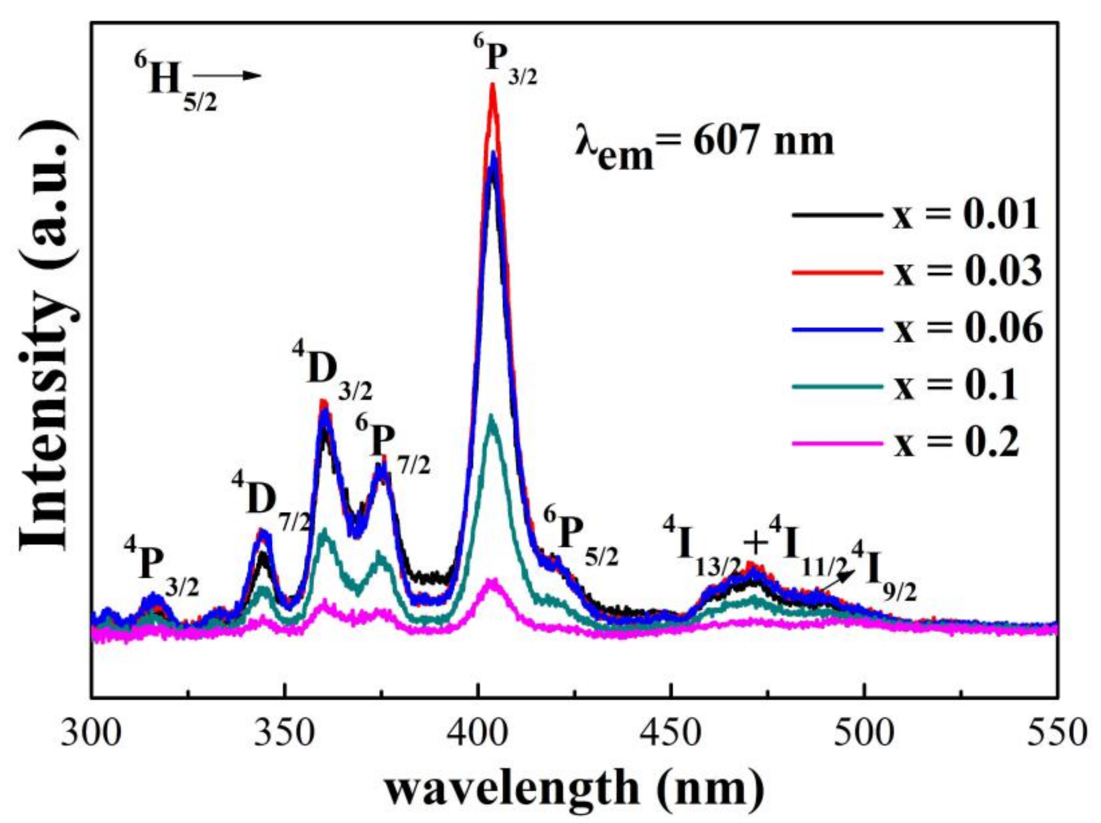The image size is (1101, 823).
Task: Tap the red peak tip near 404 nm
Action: pyautogui.click(x=493, y=86)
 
